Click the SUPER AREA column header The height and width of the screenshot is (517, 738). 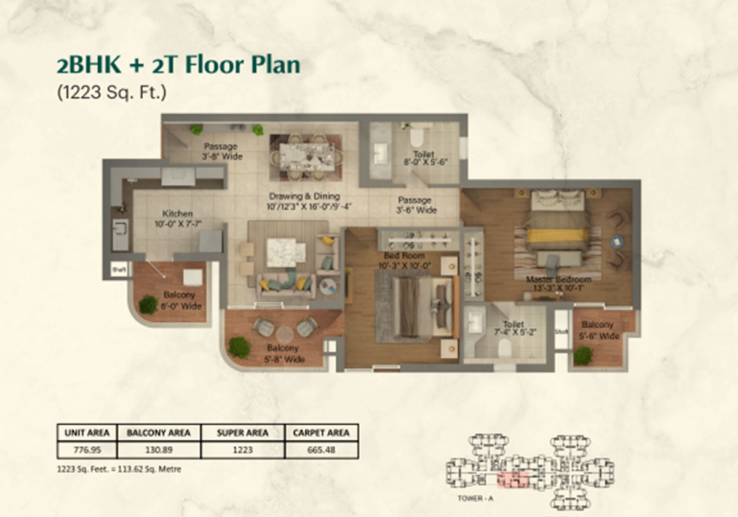[x=243, y=433]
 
